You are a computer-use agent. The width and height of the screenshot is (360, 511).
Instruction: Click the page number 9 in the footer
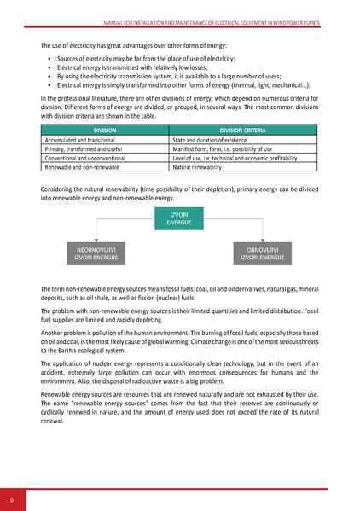coord(12,499)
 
